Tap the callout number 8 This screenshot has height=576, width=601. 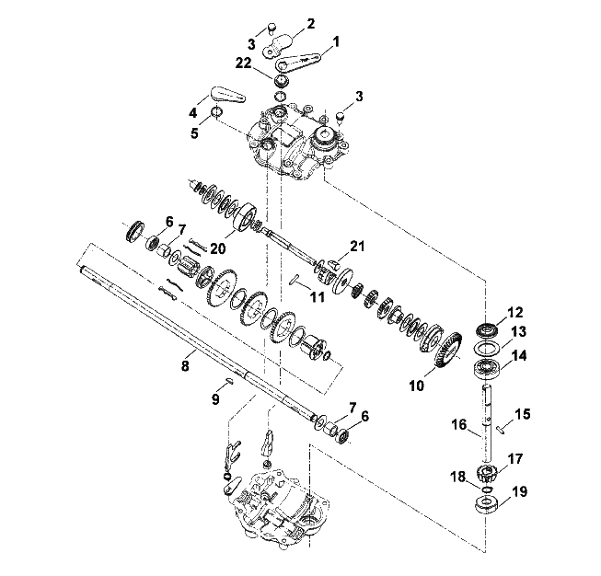pos(185,365)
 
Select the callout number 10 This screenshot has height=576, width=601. pos(417,386)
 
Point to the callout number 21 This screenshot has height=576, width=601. pos(357,246)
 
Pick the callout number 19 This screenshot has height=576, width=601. pos(519,491)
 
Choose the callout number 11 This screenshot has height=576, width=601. pos(318,296)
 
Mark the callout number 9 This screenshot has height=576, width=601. pos(215,399)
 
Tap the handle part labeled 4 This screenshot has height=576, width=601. pos(227,95)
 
